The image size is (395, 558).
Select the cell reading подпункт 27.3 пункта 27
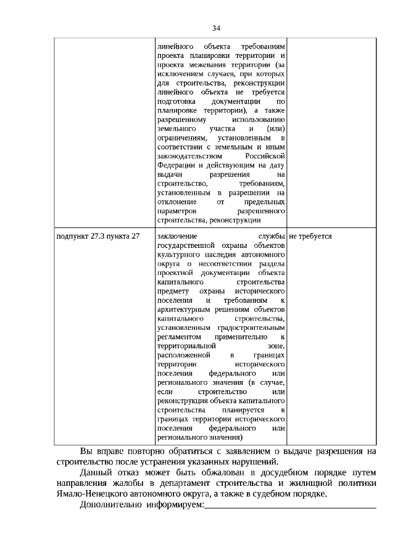tap(98, 236)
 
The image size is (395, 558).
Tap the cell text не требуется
tap(310, 236)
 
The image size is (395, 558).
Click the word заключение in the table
tap(177, 236)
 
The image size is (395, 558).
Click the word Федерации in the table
tap(175, 166)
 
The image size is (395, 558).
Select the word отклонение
tap(177, 202)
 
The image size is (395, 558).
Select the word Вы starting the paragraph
tap(88, 451)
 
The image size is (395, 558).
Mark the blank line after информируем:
tap(290, 506)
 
